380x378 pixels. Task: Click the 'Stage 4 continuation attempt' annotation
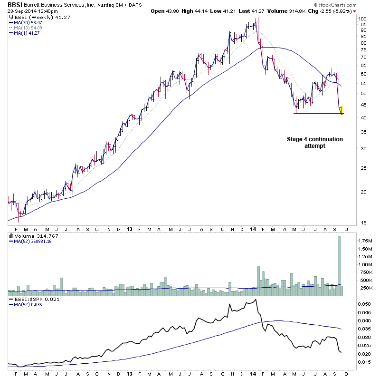[314, 143]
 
